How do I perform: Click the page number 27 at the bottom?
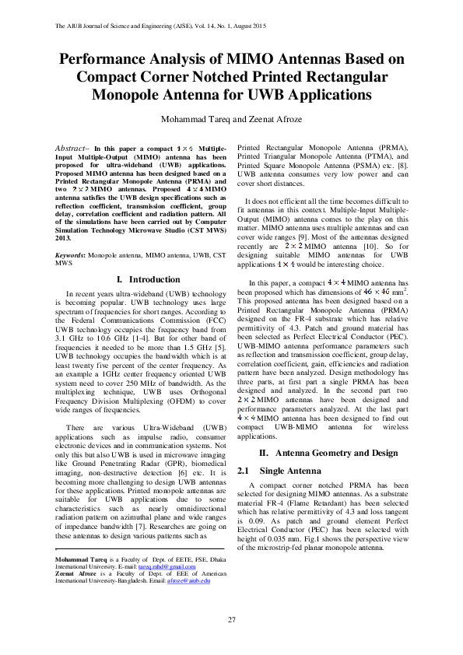(x=231, y=619)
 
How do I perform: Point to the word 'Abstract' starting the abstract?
(x=74, y=147)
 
